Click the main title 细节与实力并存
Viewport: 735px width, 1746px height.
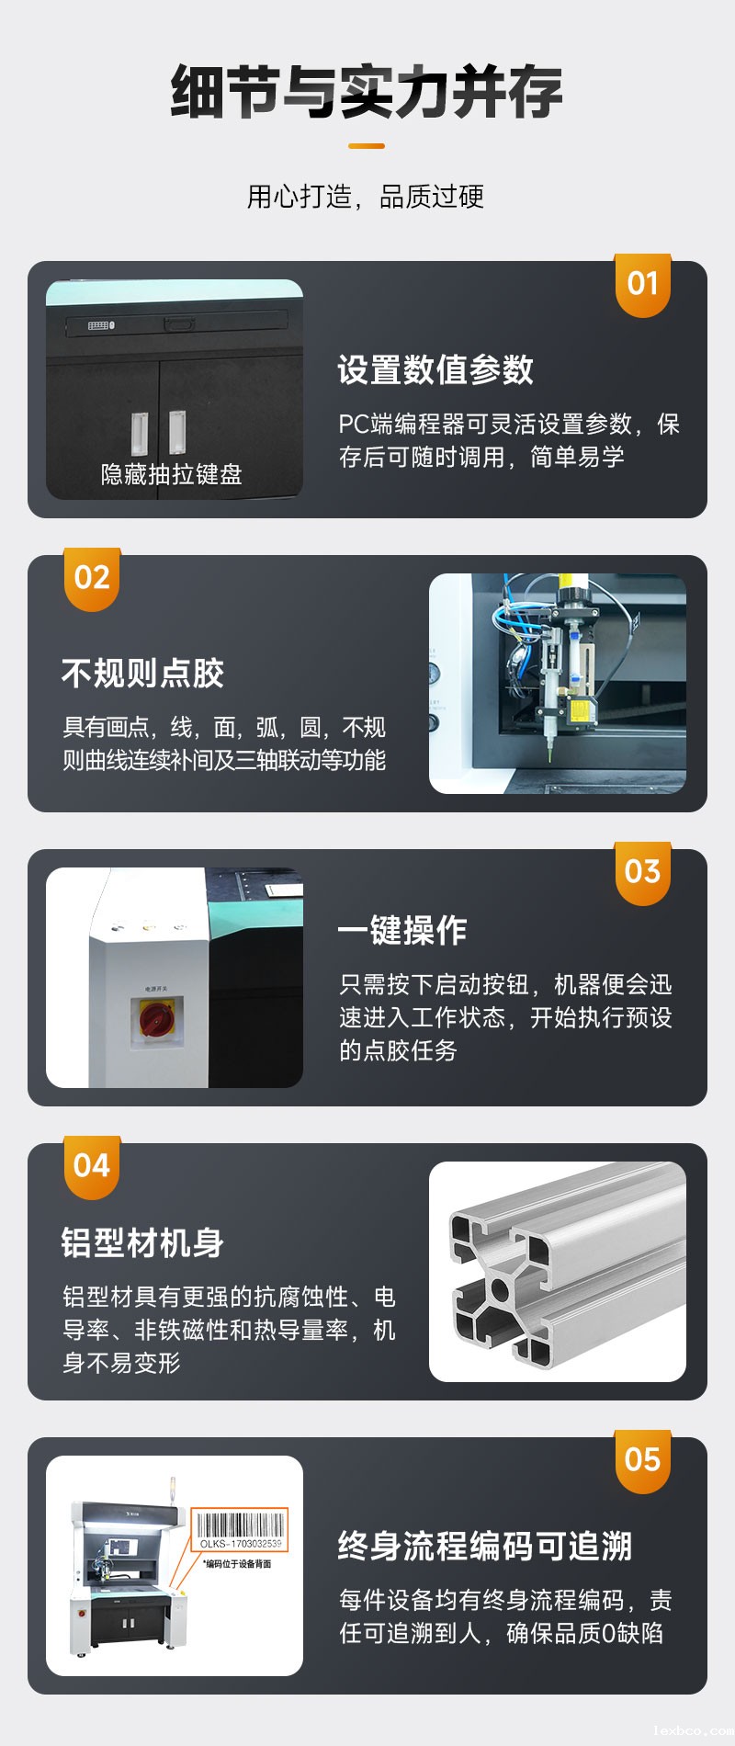coord(367,92)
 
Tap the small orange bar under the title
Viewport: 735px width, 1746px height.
coord(367,145)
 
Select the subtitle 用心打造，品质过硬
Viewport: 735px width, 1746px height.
coord(366,197)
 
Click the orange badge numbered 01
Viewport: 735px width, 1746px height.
coord(642,284)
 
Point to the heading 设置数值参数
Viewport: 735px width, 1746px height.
coord(435,369)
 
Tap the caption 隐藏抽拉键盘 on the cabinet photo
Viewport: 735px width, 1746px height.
coord(172,474)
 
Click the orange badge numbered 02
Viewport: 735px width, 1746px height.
coord(92,578)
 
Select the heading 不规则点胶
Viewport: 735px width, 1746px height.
coord(143,673)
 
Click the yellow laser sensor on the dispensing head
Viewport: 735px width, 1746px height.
coord(579,710)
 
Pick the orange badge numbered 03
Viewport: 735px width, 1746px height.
coord(642,872)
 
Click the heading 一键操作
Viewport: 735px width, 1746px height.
coord(402,930)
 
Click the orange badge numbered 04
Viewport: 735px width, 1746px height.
coord(92,1166)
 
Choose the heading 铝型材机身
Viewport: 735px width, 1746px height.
coord(143,1242)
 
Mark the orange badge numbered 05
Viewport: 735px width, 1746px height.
coord(642,1460)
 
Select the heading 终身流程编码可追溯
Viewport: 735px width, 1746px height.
coord(485,1546)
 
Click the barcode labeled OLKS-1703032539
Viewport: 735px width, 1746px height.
coord(241,1527)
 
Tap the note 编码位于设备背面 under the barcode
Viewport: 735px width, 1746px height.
coord(237,1563)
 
